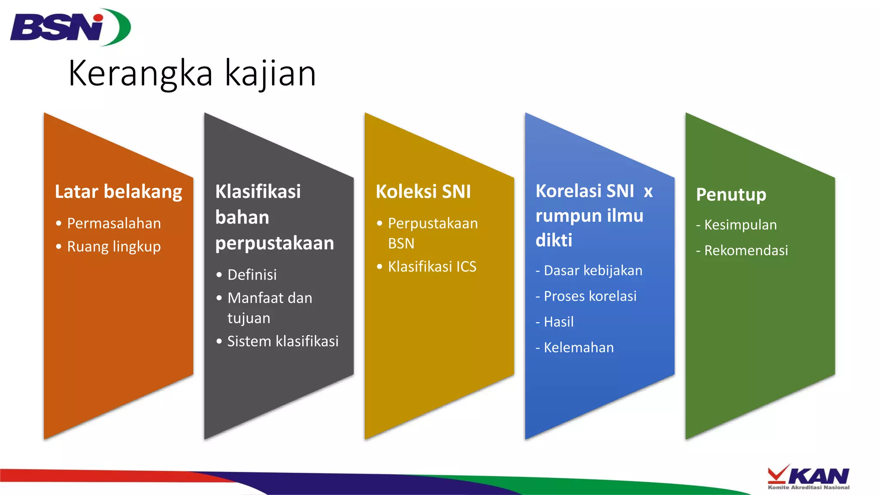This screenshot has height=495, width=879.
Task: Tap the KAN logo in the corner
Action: [x=809, y=477]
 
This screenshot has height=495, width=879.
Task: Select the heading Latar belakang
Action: [x=118, y=192]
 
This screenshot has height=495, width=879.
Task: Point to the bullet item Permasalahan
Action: [x=114, y=223]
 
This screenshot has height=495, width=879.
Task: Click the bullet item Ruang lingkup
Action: [x=114, y=247]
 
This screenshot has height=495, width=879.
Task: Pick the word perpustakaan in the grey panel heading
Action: [x=275, y=243]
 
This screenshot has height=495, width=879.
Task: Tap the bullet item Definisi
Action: [x=252, y=275]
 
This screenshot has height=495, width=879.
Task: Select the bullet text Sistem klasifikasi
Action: [x=283, y=341]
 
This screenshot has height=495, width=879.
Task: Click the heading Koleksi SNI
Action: [x=423, y=192]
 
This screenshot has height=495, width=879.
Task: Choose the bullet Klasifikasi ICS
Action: [x=432, y=267]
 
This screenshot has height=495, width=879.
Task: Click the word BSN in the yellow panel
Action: [x=401, y=244]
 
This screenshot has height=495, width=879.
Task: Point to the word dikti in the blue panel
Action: [x=554, y=240]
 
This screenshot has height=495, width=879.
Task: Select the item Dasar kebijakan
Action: [x=593, y=271]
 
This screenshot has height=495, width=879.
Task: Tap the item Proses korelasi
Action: [x=590, y=296]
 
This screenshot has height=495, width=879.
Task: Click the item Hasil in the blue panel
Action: [x=558, y=322]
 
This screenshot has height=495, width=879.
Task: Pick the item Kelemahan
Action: [x=579, y=348]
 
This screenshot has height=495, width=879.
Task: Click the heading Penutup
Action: [x=731, y=195]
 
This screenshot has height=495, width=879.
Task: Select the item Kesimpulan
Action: [x=740, y=225]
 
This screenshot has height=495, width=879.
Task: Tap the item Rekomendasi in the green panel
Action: [x=746, y=251]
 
